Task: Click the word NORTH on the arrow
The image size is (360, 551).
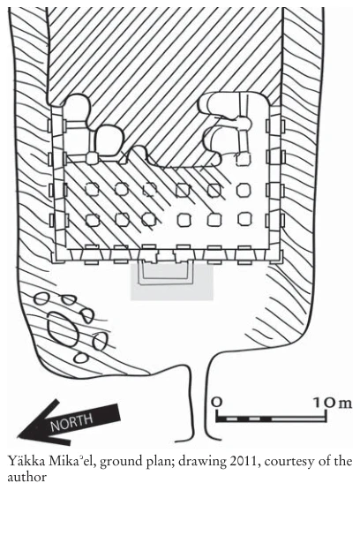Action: pos(72,420)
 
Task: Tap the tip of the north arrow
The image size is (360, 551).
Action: pos(18,437)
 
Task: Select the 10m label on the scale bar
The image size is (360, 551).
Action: pos(333,403)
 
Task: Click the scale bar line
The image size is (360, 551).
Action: pos(272,419)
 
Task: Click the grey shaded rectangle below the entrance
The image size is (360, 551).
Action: pos(172,282)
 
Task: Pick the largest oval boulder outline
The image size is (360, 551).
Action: pos(63,329)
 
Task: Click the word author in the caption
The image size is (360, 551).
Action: pos(26,477)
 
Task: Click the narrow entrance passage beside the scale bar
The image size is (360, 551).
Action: pos(201,401)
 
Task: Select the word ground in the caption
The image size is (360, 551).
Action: pos(120,462)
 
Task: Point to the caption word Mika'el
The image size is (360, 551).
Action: pos(72,460)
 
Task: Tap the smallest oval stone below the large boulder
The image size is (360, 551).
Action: pos(81,358)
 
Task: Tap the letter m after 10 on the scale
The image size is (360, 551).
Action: pos(345,404)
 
